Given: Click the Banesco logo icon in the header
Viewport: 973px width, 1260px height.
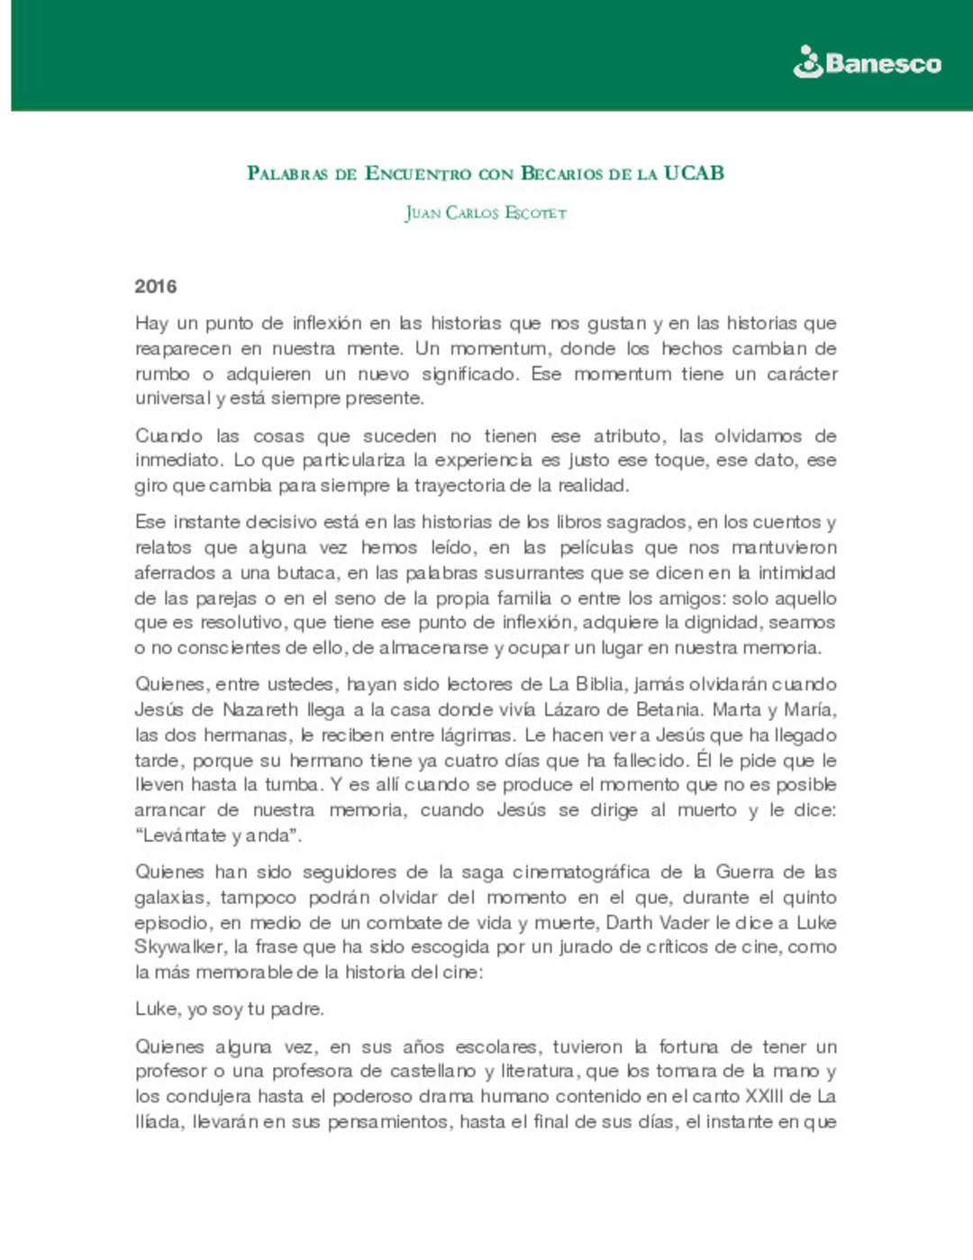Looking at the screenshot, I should click(x=807, y=62).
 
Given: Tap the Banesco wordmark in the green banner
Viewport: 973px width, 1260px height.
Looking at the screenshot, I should click(x=883, y=64).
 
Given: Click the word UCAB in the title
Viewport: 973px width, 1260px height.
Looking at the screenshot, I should click(x=694, y=173).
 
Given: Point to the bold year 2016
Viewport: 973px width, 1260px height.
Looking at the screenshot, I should click(x=156, y=287).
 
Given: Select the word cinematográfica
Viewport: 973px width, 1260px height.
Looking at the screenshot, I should click(x=581, y=872).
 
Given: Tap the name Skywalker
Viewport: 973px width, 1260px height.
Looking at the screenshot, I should click(x=179, y=947).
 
